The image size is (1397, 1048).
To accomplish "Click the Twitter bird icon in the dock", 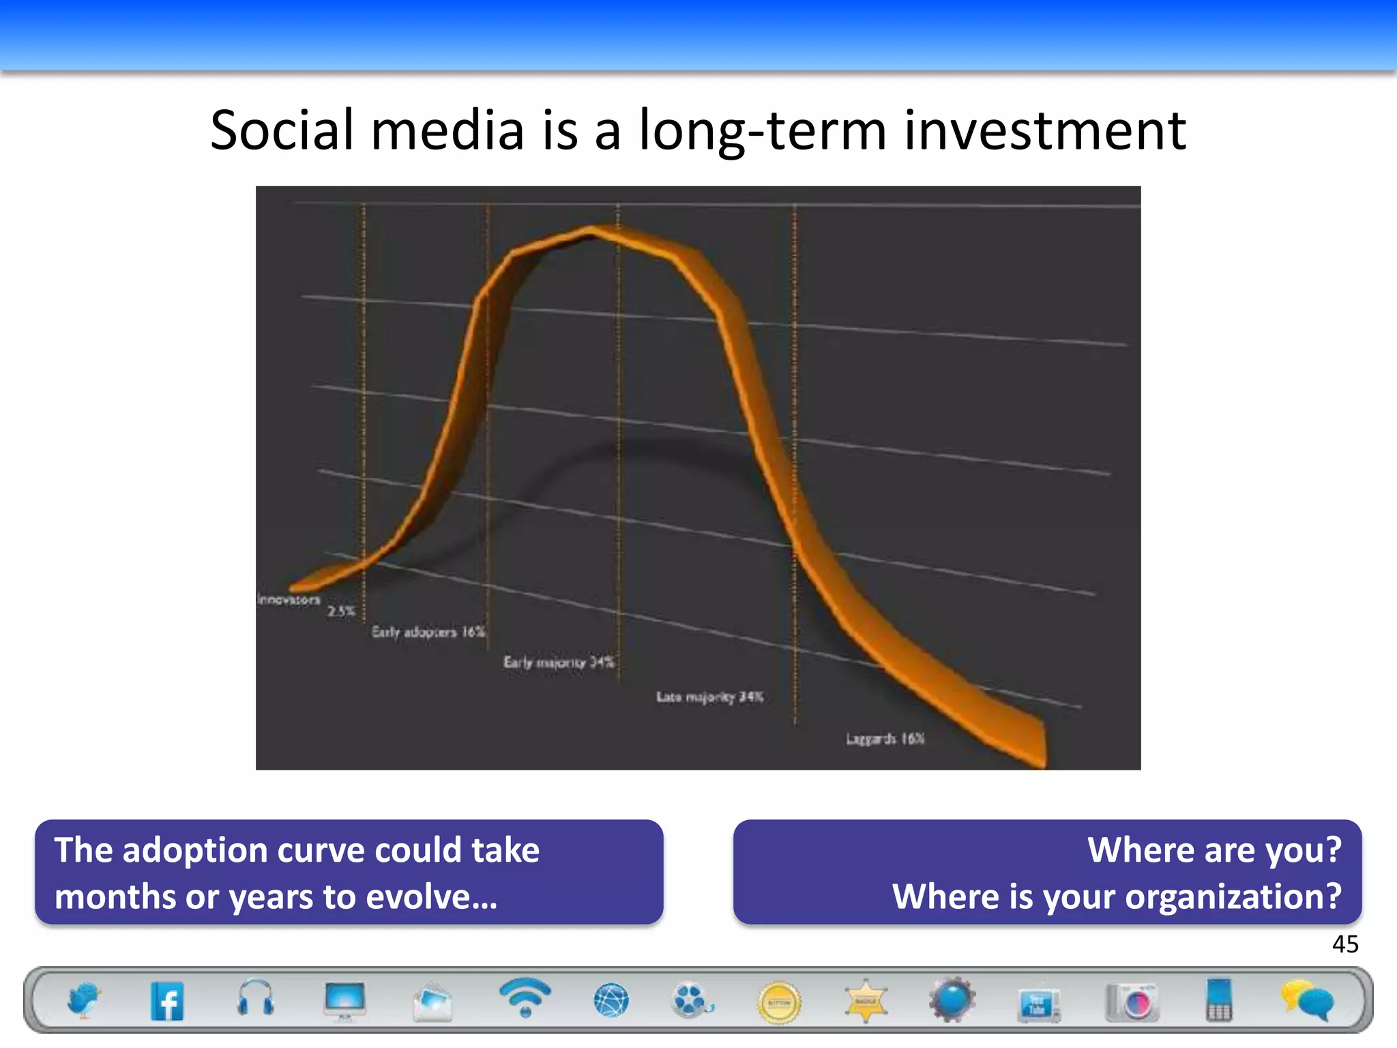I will pyautogui.click(x=83, y=1000).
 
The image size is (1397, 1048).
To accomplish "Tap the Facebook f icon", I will pyautogui.click(x=167, y=1002).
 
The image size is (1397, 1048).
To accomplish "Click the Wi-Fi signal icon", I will pyautogui.click(x=525, y=998).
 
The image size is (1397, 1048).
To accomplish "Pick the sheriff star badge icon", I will pyautogui.click(x=866, y=1001).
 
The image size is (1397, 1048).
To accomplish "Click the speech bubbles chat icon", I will pyautogui.click(x=1307, y=1000).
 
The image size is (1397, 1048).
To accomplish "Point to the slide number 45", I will pyautogui.click(x=1345, y=944).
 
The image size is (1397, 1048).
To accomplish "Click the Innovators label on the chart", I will pyautogui.click(x=289, y=600).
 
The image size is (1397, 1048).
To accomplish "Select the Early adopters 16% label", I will pyautogui.click(x=428, y=632).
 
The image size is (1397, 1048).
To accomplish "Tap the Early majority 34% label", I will pyautogui.click(x=559, y=662).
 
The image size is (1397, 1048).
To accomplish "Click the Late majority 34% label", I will pyautogui.click(x=709, y=697).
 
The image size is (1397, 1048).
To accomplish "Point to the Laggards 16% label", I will pyautogui.click(x=885, y=739).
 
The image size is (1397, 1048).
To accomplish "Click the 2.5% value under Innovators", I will pyautogui.click(x=341, y=611).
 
